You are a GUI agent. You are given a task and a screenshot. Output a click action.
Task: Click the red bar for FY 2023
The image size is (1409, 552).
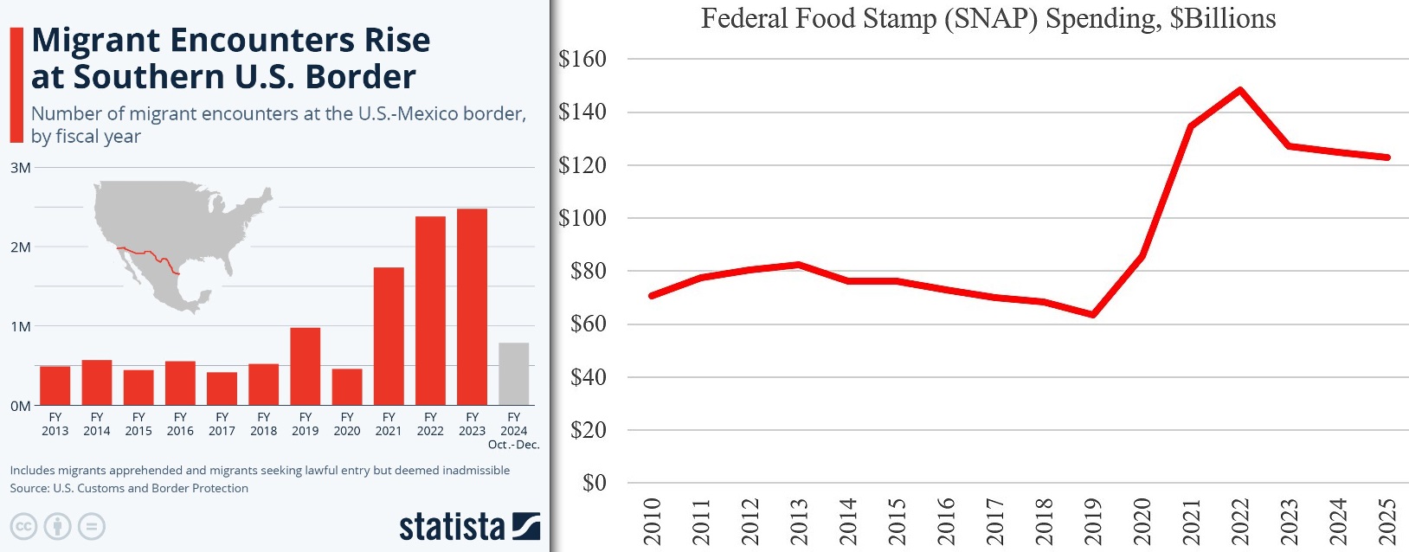[472, 307]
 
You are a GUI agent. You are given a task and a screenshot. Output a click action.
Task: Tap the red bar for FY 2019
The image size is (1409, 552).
[306, 366]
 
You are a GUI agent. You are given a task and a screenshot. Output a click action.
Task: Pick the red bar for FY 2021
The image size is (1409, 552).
[389, 336]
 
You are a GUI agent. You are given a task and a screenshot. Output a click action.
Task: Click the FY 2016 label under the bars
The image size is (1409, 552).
[180, 424]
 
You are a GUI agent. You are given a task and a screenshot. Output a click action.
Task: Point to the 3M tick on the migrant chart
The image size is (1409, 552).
[20, 168]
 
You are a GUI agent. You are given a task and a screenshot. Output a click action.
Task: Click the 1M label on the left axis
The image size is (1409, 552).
[20, 327]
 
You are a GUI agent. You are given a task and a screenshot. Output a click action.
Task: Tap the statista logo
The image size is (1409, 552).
[469, 526]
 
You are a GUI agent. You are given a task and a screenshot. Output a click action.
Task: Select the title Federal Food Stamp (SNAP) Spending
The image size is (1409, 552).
[988, 18]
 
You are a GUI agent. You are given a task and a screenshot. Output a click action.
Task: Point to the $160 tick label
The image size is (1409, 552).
[582, 59]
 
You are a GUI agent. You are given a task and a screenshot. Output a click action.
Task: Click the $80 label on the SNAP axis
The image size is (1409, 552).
[588, 271]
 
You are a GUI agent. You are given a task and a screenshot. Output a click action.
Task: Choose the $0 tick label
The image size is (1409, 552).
[594, 483]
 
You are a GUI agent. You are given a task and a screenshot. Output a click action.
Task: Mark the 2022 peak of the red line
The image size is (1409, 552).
[1240, 90]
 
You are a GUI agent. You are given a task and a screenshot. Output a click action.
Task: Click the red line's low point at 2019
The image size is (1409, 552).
[1093, 314]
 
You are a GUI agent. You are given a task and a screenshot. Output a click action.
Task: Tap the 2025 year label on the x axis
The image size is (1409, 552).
[1387, 521]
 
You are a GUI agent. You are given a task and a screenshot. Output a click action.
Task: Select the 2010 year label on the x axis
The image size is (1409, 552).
[652, 521]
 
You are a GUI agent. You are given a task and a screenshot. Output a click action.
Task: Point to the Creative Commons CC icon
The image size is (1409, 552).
[23, 526]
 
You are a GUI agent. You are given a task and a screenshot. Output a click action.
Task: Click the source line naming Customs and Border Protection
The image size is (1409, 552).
[129, 488]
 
